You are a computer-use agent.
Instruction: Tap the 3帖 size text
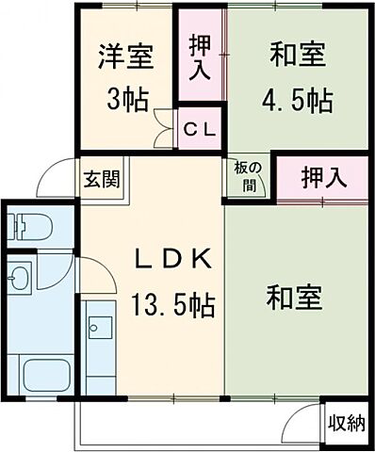coord(127,99)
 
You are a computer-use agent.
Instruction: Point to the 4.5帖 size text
coord(298,99)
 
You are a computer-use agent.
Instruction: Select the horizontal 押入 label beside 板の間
coord(320,176)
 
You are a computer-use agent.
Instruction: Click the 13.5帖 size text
coord(172,304)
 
